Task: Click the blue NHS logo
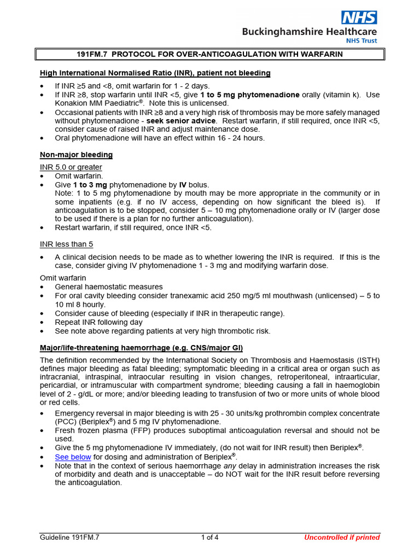tap(359, 17)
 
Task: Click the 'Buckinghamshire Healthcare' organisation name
tap(310, 32)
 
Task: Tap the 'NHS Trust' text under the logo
tap(361, 41)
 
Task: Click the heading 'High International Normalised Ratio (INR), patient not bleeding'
tap(155, 73)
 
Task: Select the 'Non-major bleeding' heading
tap(76, 155)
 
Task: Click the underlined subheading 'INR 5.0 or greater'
tap(71, 167)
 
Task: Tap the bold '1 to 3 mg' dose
tap(90, 185)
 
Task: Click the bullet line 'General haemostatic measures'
tap(108, 287)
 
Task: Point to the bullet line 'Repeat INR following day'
tap(98, 322)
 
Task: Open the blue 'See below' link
tap(73, 457)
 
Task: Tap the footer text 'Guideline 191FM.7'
tap(69, 537)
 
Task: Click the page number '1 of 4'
tap(209, 537)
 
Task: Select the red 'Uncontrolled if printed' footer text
tap(342, 537)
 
